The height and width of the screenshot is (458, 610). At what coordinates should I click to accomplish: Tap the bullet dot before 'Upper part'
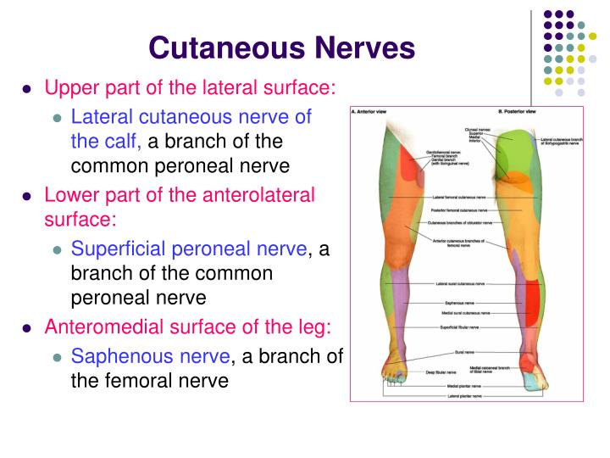pos(28,88)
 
